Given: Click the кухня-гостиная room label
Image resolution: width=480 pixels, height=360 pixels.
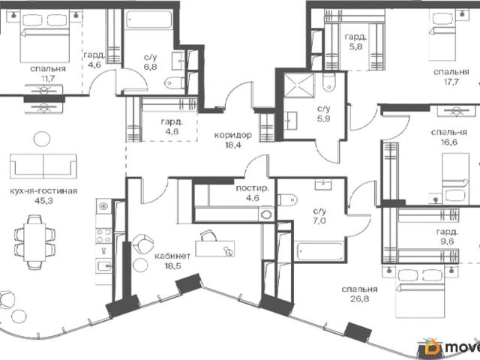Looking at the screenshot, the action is click(x=43, y=192).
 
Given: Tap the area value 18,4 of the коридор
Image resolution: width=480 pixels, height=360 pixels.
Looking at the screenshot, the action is click(x=233, y=145).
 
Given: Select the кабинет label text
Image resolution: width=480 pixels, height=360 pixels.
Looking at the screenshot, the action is click(x=172, y=256).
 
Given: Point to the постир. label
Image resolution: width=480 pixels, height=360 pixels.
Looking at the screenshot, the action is click(x=253, y=188).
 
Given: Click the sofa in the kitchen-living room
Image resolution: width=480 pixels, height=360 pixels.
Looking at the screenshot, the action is click(x=43, y=166).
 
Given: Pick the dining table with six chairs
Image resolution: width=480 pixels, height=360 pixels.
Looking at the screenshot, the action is click(x=34, y=242).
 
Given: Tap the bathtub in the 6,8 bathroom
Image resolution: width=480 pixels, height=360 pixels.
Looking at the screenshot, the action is click(x=148, y=20).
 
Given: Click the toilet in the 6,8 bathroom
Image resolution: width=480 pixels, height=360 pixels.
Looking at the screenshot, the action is click(x=174, y=82).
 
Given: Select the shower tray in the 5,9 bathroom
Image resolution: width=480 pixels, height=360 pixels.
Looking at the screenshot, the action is click(x=299, y=85).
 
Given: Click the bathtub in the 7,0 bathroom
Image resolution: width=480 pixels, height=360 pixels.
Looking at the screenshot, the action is click(x=320, y=251).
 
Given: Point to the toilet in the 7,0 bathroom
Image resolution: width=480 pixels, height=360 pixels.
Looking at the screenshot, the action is click(x=287, y=200).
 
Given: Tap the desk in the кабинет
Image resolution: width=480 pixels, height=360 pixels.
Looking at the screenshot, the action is click(x=215, y=249).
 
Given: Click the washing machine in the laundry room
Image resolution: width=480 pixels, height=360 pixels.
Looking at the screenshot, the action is click(x=266, y=214).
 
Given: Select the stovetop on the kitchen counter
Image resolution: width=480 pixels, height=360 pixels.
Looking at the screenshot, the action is click(x=103, y=236).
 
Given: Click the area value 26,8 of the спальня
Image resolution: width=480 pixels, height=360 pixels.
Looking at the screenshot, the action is click(x=360, y=298).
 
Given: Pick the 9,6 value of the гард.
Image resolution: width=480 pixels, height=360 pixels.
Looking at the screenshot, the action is click(x=447, y=241).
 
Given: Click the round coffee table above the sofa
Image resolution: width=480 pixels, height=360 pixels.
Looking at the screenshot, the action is click(x=42, y=139).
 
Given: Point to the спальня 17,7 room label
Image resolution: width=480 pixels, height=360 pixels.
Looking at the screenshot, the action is click(x=451, y=76).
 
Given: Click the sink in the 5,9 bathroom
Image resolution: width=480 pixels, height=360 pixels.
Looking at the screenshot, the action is click(x=290, y=121).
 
